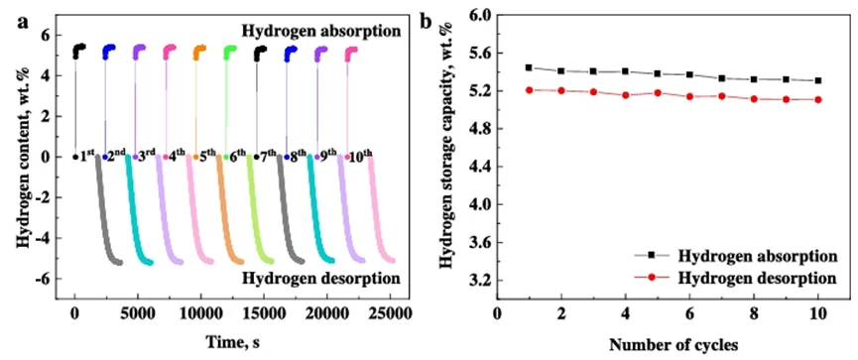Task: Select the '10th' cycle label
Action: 362,157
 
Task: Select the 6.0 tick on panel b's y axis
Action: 478,15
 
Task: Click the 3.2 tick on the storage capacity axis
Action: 478,281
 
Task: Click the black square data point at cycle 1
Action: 529,67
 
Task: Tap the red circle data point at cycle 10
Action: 818,99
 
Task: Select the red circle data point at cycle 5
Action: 658,93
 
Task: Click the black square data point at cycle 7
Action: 722,78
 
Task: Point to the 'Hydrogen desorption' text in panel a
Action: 321,279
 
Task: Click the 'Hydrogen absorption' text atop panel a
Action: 321,31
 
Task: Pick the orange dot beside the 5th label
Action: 195,157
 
